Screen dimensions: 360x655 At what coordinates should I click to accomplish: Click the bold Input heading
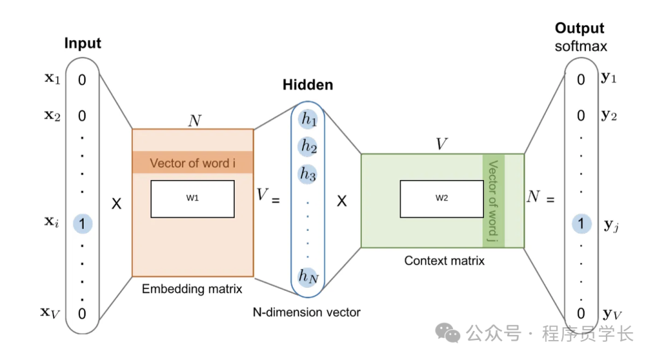tap(82, 44)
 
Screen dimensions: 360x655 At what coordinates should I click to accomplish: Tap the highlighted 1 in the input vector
tap(82, 224)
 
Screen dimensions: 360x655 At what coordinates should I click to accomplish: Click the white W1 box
tap(192, 199)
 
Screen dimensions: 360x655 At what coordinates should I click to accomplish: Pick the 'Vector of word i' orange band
tap(192, 162)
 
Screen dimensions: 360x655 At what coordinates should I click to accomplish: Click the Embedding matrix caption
tap(192, 289)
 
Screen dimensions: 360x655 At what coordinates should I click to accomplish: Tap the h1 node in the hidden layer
tap(308, 119)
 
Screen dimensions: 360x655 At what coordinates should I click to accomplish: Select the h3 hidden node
tap(308, 173)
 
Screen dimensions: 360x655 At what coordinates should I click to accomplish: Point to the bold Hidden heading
tap(307, 85)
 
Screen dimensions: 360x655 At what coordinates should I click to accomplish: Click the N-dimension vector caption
tap(306, 313)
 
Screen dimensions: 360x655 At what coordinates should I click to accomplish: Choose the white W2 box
tap(441, 199)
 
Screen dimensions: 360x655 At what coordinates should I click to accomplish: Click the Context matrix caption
tap(444, 261)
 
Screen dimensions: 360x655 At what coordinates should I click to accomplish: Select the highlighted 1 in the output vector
tap(581, 224)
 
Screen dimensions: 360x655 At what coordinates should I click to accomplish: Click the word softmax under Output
tap(580, 47)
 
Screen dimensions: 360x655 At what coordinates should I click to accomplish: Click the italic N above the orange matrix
tap(194, 120)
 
